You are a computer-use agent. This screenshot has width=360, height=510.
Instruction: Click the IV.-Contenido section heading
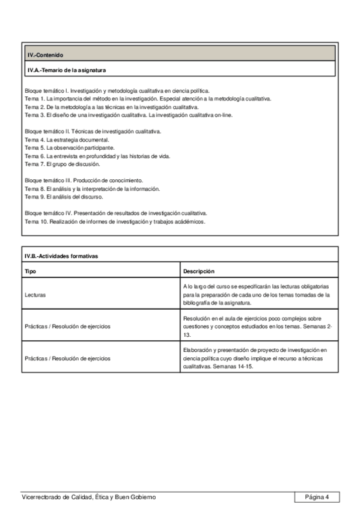click(x=46, y=55)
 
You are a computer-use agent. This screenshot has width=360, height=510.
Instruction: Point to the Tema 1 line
click(x=148, y=98)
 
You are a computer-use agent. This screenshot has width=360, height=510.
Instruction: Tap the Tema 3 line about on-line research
click(x=133, y=115)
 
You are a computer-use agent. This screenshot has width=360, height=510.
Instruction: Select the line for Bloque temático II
click(x=93, y=131)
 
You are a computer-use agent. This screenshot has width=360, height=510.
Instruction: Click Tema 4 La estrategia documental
click(x=67, y=140)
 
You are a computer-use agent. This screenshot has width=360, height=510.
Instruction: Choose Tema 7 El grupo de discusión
click(x=63, y=164)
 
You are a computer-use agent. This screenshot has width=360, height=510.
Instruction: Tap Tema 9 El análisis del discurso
click(x=64, y=197)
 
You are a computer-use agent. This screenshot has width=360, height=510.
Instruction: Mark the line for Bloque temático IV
click(x=116, y=213)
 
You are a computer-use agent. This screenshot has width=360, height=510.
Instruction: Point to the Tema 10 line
click(x=115, y=221)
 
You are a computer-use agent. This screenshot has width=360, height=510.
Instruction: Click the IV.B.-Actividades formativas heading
click(x=61, y=256)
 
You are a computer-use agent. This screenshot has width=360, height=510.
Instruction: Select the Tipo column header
click(x=30, y=271)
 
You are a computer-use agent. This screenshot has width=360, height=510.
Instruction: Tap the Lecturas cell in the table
click(x=36, y=295)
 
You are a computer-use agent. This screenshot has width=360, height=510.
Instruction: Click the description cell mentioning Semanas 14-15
click(x=257, y=357)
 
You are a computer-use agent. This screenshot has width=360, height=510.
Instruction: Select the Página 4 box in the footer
click(x=317, y=497)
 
